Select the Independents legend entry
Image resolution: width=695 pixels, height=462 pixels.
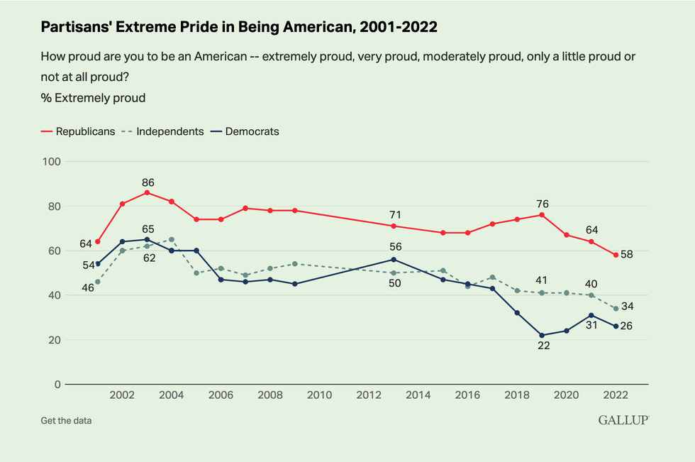(164, 131)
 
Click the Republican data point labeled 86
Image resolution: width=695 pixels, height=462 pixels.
(147, 192)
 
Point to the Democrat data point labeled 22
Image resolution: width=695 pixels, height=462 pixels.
(543, 335)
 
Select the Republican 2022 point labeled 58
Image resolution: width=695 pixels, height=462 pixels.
(616, 255)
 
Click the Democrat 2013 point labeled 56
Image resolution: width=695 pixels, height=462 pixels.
(394, 259)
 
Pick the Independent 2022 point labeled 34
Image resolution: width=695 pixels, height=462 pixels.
(616, 309)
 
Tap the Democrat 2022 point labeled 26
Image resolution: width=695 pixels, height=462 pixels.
(616, 326)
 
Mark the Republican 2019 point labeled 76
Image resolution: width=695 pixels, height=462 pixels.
(543, 214)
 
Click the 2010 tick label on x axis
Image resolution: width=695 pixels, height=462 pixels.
(319, 395)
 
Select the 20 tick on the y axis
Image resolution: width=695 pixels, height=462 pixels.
(54, 340)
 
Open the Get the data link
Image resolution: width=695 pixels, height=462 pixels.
(66, 421)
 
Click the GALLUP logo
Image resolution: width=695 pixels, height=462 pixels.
(623, 420)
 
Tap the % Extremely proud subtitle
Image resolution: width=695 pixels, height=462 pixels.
(93, 98)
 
